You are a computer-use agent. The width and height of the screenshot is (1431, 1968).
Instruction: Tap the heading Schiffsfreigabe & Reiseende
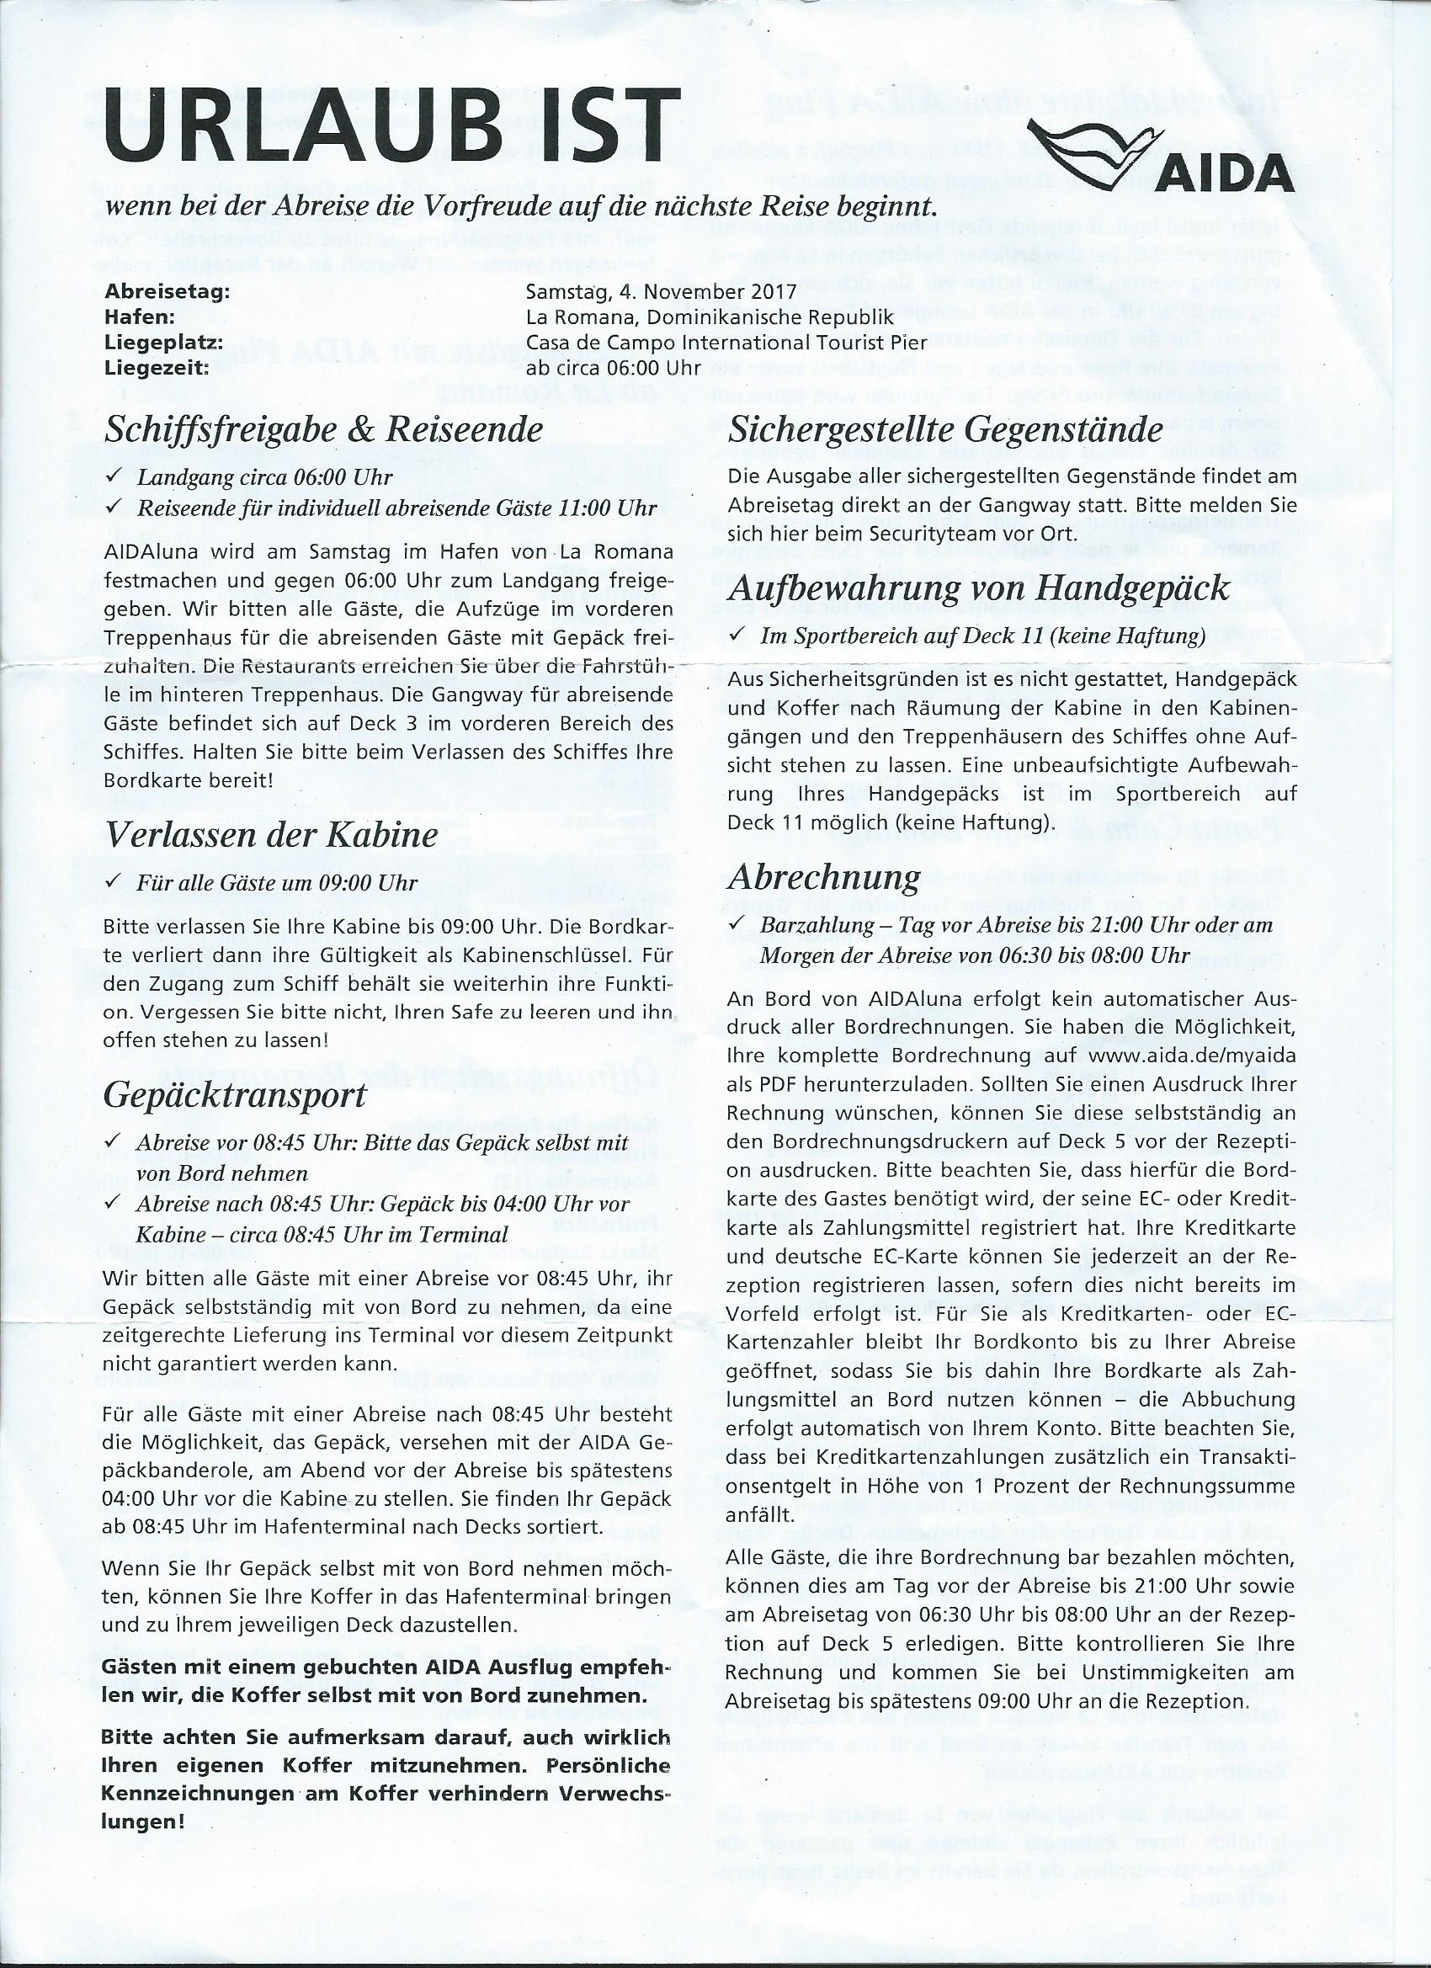click(x=324, y=428)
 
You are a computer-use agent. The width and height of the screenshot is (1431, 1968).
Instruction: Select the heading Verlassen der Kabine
click(x=271, y=835)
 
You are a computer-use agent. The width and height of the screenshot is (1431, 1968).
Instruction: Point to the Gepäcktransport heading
click(x=234, y=1095)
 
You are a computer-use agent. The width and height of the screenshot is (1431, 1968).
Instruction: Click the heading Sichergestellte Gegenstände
click(x=946, y=429)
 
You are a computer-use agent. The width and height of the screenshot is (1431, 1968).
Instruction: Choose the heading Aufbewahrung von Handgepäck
click(x=979, y=588)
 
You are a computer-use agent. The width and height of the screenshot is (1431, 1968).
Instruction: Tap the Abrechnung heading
click(x=824, y=877)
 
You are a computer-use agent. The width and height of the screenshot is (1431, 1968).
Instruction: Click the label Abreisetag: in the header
click(x=167, y=291)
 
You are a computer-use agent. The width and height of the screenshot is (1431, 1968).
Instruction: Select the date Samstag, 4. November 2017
click(x=662, y=291)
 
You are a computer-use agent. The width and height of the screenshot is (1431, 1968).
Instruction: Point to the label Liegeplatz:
click(x=163, y=342)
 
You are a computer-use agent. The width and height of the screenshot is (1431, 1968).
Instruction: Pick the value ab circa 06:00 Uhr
click(x=613, y=367)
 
